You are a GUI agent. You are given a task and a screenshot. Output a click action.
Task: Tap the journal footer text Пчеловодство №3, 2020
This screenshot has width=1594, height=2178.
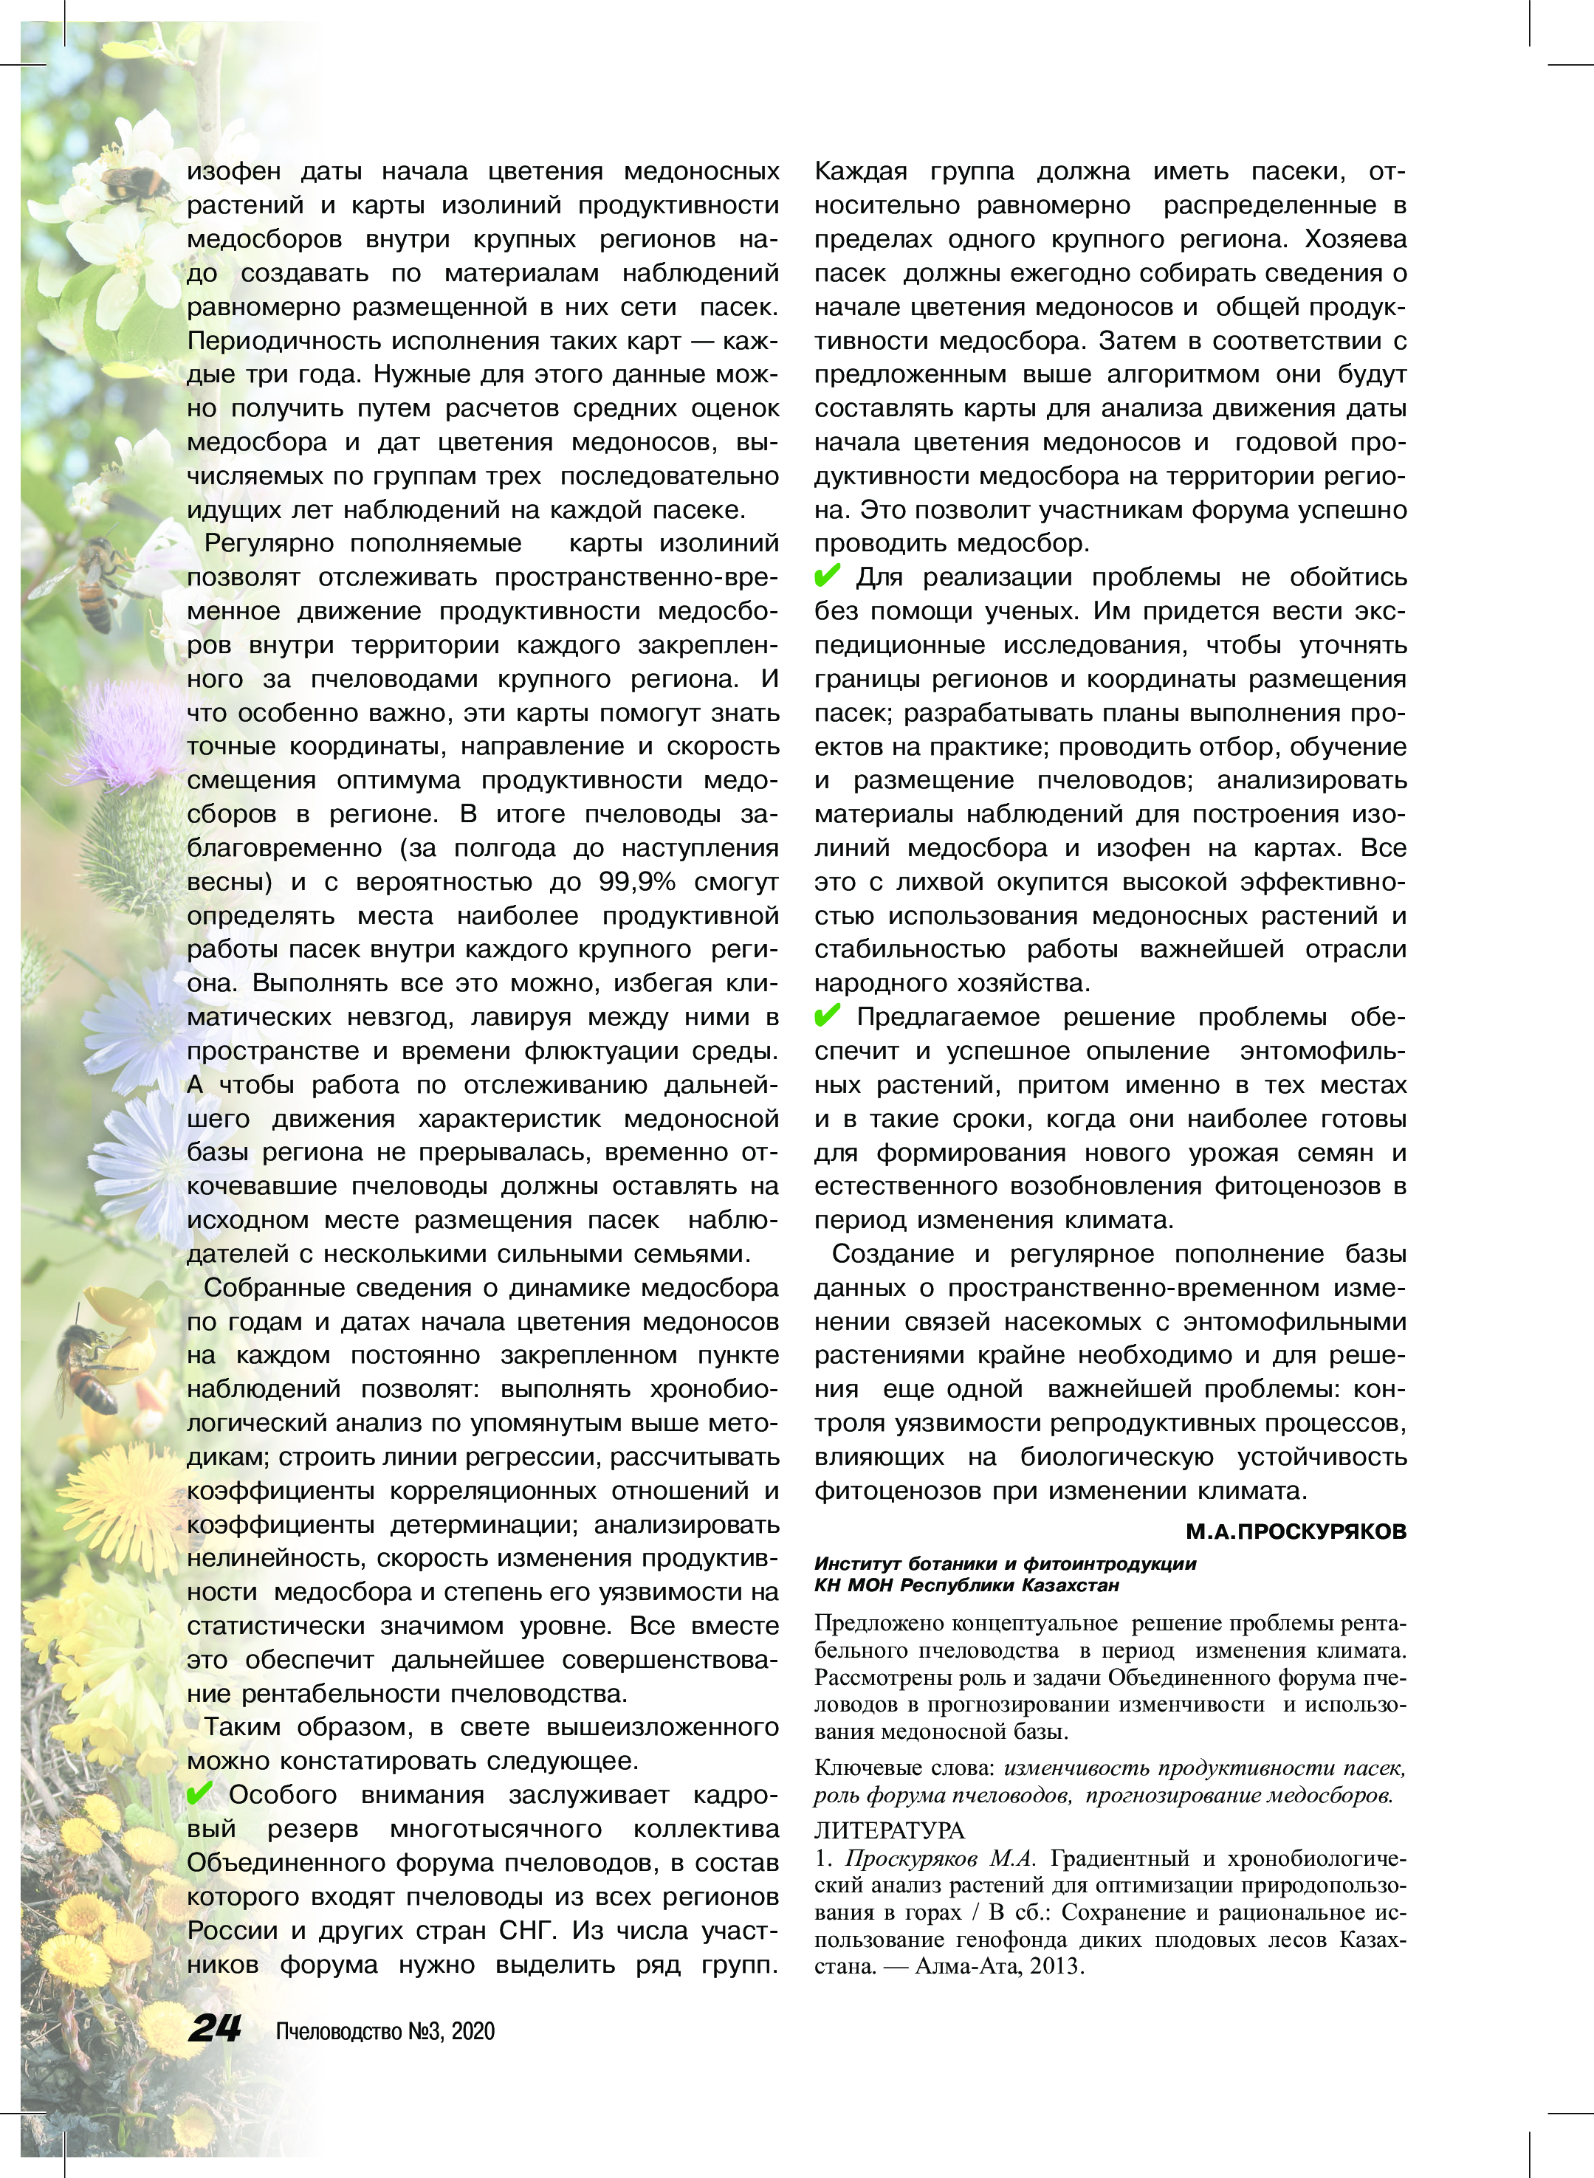click(385, 2030)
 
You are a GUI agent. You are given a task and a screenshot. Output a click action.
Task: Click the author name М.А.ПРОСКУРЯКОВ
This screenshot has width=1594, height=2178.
click(1295, 1531)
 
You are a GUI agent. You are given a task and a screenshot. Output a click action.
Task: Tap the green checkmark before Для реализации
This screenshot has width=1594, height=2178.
click(827, 576)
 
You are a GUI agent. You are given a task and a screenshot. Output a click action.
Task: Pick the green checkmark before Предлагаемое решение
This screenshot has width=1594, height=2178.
click(827, 1016)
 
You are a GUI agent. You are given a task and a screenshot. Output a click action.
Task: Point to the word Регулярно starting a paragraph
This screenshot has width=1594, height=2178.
click(267, 543)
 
